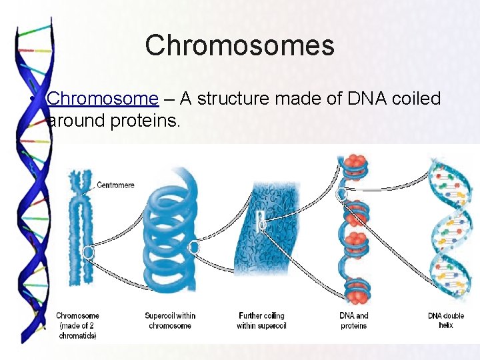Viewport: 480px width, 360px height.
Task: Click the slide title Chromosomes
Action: [239, 46]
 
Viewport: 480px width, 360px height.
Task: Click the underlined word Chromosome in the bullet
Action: [103, 99]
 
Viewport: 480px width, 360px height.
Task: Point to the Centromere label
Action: [116, 185]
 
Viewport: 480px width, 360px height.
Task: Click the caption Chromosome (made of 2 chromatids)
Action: [77, 325]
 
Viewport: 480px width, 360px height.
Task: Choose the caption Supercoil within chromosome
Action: [170, 321]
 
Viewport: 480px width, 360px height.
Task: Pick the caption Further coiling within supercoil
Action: [261, 321]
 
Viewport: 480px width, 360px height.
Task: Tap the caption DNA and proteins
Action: [353, 321]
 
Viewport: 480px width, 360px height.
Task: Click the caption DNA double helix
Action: [446, 321]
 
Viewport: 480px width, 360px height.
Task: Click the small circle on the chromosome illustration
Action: [87, 252]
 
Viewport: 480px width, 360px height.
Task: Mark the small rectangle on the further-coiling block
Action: [262, 221]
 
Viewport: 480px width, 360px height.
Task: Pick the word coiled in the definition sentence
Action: [417, 99]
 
